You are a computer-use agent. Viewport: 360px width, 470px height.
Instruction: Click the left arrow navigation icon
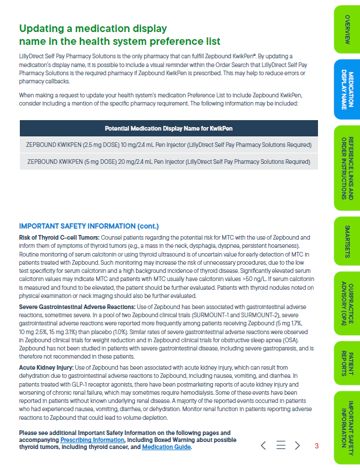263,446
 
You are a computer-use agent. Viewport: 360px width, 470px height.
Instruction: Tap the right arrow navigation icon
297,446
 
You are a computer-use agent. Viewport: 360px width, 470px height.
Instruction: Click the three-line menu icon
280,446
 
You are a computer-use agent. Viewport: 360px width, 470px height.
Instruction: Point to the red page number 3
316,446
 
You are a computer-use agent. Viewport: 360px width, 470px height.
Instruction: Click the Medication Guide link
166,447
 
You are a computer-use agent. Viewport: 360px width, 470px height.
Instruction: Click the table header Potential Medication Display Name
169,128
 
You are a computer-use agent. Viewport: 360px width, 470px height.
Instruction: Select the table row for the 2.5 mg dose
169,145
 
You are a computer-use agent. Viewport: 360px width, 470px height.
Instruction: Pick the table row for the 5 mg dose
169,162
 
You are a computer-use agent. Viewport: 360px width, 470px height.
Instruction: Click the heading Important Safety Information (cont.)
89,226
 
